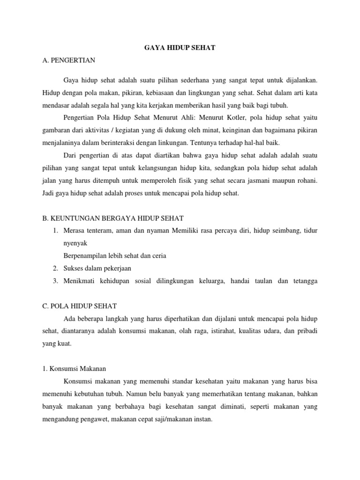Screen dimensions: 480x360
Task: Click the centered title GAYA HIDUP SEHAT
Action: pyautogui.click(x=180, y=48)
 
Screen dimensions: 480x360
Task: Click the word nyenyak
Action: pyautogui.click(x=75, y=244)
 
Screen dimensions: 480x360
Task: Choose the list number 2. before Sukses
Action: pyautogui.click(x=55, y=268)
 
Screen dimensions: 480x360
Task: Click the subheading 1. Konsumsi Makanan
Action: pyautogui.click(x=74, y=369)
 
